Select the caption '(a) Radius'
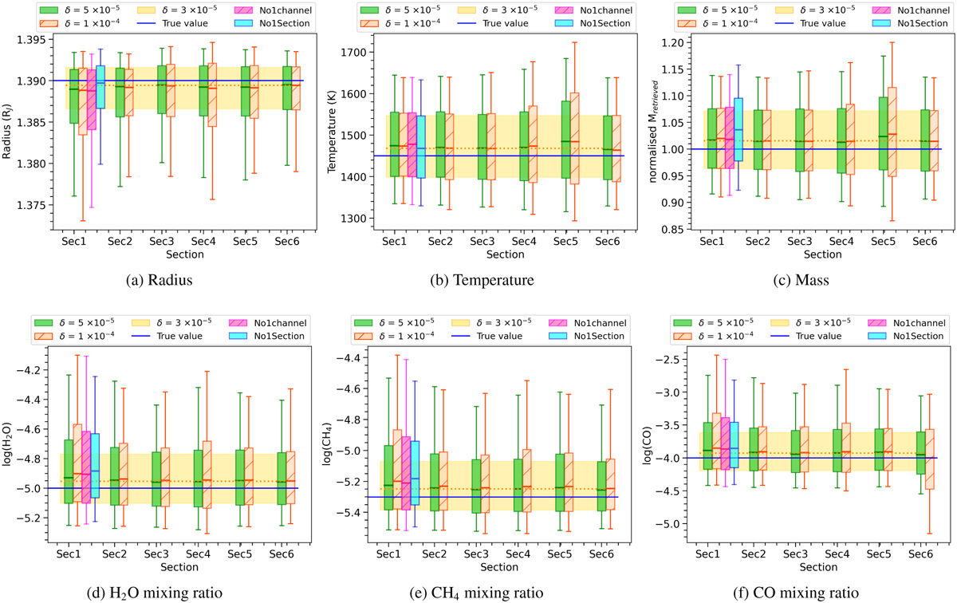[159, 281]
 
